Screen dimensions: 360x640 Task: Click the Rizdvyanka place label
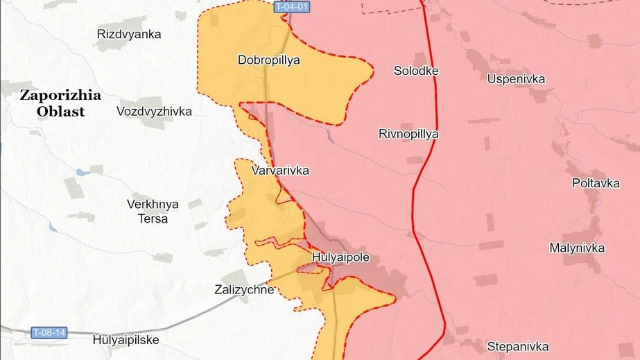pos(130,34)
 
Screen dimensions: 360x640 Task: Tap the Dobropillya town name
pos(268,60)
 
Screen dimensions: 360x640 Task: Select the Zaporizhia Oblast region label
pos(60,103)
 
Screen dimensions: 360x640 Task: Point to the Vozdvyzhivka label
pos(154,111)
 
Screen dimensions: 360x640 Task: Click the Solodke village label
pos(416,71)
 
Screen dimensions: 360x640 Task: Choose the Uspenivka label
pos(516,79)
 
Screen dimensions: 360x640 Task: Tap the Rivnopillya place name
pos(408,134)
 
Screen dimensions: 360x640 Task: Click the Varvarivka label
pos(280,171)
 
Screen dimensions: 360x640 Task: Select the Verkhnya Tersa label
pos(153,211)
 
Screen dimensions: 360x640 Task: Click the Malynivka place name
pos(577,248)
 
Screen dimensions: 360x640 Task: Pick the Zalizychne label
pos(244,290)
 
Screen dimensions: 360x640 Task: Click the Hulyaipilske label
pos(126,340)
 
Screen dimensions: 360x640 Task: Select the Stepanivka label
pos(517,346)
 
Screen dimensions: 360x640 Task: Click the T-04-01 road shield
pos(291,7)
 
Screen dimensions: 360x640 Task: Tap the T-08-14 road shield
pos(49,333)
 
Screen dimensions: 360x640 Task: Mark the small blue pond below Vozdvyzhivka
pos(83,171)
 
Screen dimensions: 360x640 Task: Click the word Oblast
pos(60,111)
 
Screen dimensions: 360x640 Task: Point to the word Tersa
pos(153,218)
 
